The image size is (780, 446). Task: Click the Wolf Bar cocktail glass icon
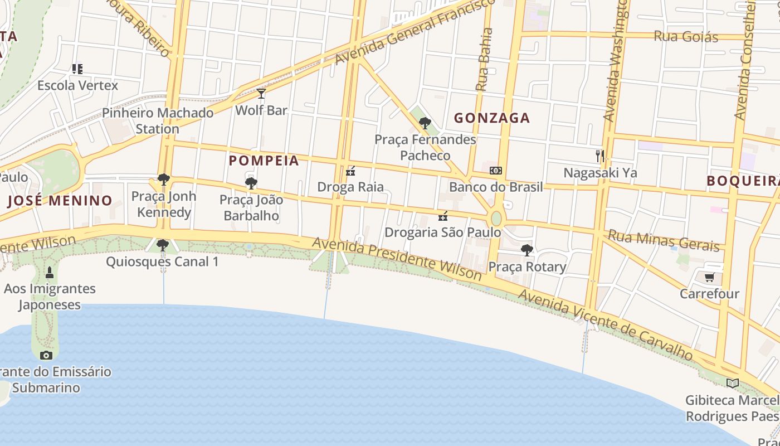click(x=261, y=93)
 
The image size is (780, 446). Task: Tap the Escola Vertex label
click(x=78, y=85)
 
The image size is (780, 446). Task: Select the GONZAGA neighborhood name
click(x=491, y=118)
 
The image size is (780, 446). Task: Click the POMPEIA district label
click(x=264, y=161)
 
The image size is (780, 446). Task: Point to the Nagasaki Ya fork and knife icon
click(x=600, y=156)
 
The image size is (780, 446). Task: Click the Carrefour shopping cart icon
click(x=709, y=277)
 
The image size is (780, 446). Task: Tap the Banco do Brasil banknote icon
click(x=495, y=171)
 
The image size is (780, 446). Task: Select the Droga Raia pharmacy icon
click(x=350, y=171)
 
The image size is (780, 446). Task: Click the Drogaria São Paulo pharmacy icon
click(x=443, y=216)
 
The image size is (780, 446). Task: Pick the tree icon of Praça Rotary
click(x=526, y=250)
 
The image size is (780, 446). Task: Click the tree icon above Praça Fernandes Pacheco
click(x=425, y=123)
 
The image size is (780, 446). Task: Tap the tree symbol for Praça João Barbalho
click(x=251, y=183)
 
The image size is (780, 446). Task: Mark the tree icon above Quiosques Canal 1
click(x=162, y=245)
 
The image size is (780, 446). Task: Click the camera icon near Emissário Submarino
click(x=46, y=355)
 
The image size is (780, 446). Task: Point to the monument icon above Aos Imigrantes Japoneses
click(x=50, y=273)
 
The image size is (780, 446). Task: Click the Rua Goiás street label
click(x=686, y=37)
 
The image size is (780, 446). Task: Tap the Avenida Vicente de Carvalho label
click(x=606, y=324)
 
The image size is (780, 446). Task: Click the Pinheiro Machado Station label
click(x=158, y=120)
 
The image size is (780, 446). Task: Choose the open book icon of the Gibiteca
click(x=732, y=384)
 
